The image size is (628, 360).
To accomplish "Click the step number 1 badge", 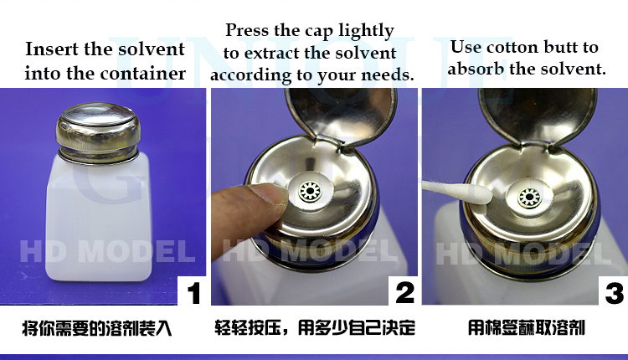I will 193,293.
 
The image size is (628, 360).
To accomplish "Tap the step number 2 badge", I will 404,293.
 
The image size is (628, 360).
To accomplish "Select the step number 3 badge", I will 614,293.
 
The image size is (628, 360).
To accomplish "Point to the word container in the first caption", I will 146,74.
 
